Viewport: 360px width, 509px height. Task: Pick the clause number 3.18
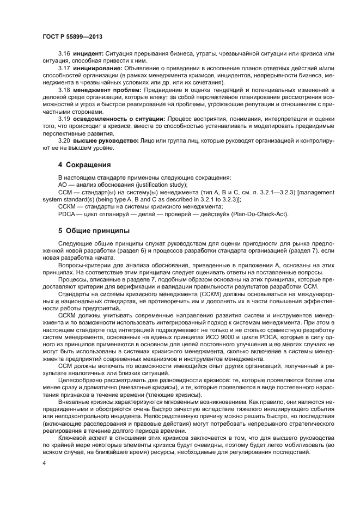[64, 89]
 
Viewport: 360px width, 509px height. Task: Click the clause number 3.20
[64, 140]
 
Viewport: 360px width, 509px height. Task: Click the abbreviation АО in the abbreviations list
[63, 185]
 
